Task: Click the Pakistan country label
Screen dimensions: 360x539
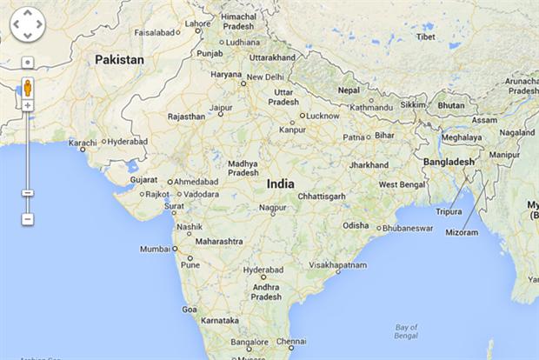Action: (120, 60)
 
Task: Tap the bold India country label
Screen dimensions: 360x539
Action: (280, 184)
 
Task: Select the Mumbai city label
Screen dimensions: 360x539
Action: (156, 249)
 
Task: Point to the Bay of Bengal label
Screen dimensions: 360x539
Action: (405, 330)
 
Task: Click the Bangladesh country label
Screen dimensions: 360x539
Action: (449, 162)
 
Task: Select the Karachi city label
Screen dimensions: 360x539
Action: (83, 142)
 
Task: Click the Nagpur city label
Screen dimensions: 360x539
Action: (272, 209)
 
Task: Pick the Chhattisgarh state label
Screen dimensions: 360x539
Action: (321, 197)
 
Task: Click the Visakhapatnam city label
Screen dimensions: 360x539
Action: (337, 264)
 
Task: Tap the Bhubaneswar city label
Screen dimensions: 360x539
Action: (408, 229)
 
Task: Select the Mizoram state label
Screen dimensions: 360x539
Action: (462, 232)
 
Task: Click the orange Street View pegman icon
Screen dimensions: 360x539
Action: (28, 88)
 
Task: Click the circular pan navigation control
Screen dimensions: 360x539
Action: (27, 24)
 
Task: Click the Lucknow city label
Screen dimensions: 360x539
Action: (323, 116)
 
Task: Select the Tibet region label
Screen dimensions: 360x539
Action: (426, 37)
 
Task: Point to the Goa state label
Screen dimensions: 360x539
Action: (190, 309)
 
